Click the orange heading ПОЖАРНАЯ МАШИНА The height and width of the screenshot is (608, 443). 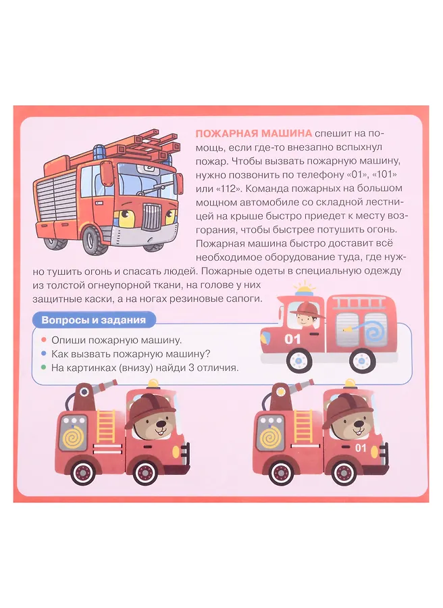[253, 133]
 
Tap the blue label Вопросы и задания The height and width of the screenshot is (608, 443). [93, 320]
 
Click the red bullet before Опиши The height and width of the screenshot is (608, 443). [44, 340]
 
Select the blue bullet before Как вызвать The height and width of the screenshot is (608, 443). [44, 353]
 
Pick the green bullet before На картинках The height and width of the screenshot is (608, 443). [44, 368]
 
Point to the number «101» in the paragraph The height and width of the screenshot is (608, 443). [384, 175]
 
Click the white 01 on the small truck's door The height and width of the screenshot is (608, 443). [292, 339]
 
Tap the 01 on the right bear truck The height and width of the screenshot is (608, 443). [361, 448]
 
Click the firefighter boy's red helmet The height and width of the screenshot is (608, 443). [306, 309]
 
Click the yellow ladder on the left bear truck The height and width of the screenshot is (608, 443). [106, 426]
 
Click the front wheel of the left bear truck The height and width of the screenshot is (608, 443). [145, 472]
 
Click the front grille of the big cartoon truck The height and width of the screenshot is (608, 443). [151, 217]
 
